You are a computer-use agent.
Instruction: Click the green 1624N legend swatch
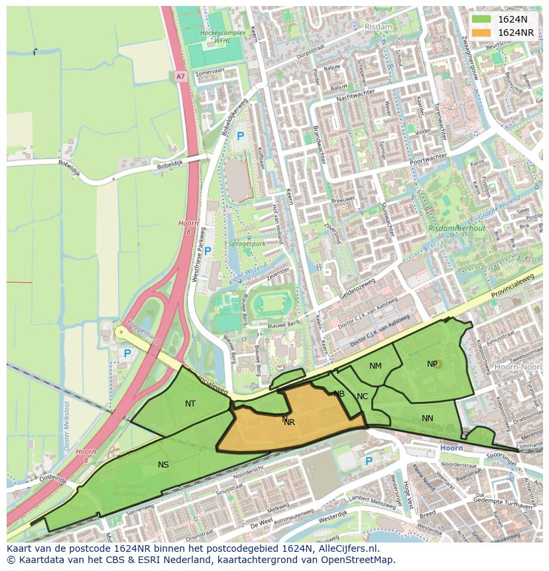[481, 20]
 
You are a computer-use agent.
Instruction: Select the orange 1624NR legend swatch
[481, 32]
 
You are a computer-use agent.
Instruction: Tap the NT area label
[190, 403]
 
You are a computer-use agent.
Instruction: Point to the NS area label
[163, 465]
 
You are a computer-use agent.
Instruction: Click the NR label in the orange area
[289, 422]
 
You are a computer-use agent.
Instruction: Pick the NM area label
[375, 366]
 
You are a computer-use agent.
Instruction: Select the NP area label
[432, 364]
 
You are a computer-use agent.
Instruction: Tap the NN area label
[427, 418]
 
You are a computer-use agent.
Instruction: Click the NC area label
[362, 397]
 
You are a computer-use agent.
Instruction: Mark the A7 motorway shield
[180, 77]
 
